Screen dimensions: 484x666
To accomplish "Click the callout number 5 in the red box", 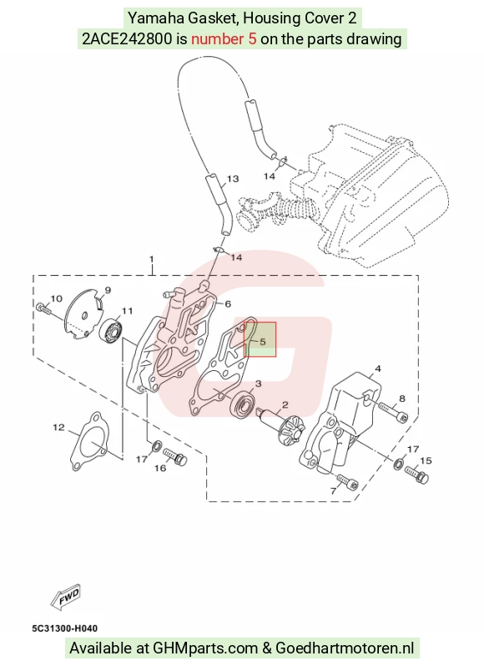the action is click(x=263, y=342).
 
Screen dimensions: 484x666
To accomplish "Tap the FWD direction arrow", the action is click(x=65, y=597).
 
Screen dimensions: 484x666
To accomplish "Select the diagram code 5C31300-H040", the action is click(x=64, y=628).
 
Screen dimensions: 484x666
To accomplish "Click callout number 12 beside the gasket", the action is click(x=58, y=427).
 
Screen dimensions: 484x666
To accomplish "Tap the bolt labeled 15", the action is click(x=417, y=475).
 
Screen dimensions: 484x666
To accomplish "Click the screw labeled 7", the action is click(x=348, y=481).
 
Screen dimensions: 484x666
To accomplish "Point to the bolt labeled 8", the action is click(x=393, y=411).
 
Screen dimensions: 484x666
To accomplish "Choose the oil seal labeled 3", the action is click(x=243, y=404).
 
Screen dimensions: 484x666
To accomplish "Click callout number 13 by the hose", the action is click(x=233, y=179).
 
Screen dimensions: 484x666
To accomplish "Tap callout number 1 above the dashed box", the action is click(x=152, y=259).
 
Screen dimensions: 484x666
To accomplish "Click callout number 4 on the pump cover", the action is click(x=377, y=369).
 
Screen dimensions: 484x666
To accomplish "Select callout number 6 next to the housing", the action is click(x=228, y=303).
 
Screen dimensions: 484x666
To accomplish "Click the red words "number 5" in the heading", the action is click(x=224, y=39).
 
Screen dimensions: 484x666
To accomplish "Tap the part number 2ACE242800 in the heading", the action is click(x=127, y=39).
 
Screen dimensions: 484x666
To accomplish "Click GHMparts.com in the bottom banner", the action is click(x=205, y=648).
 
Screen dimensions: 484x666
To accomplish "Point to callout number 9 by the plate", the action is click(x=108, y=290).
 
